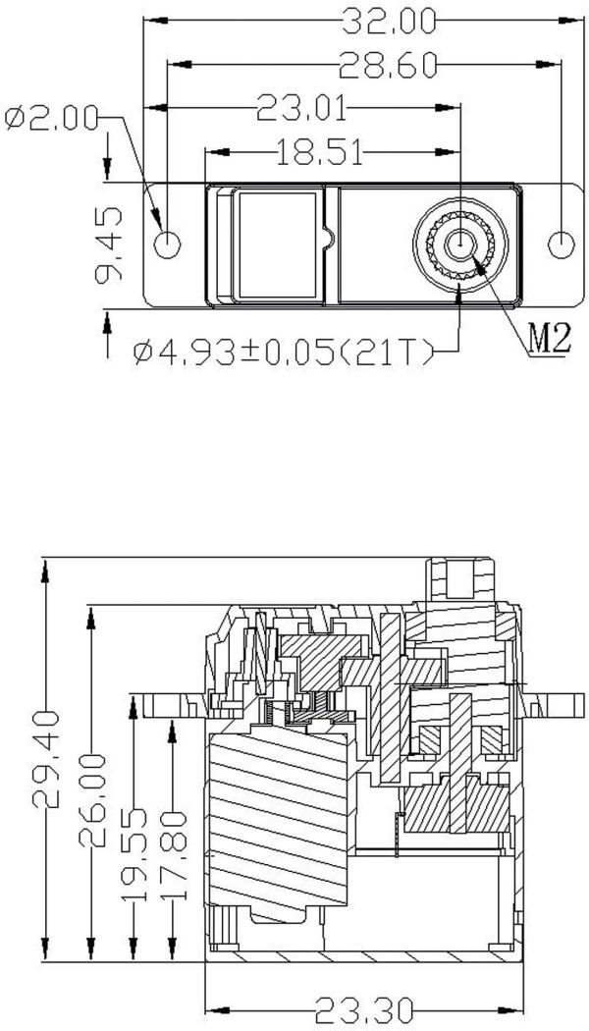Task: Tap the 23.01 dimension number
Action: click(300, 107)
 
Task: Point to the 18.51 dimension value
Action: click(320, 151)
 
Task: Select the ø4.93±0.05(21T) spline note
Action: click(285, 350)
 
